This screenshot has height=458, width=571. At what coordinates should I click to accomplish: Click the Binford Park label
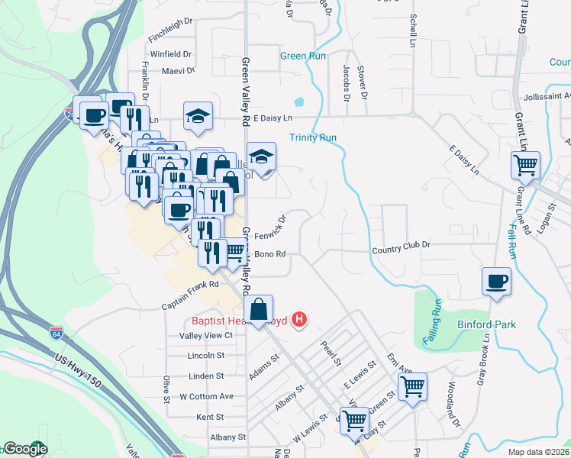click(486, 324)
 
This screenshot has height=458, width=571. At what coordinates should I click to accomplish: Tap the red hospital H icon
click(300, 319)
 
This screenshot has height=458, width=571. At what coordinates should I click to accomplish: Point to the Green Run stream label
click(303, 56)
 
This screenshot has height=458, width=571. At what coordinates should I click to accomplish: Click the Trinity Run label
click(313, 137)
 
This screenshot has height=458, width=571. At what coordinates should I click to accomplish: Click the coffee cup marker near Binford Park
click(496, 281)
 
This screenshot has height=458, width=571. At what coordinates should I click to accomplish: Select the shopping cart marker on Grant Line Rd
click(525, 164)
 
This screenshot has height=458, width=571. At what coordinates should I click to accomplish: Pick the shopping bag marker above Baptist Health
click(260, 309)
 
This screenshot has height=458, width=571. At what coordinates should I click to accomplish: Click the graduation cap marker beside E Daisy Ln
click(198, 116)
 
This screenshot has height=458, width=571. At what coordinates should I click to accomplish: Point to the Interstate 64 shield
click(55, 333)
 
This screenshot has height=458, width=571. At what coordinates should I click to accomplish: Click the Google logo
click(25, 449)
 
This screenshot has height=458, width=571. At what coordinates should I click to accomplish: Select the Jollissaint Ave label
click(547, 97)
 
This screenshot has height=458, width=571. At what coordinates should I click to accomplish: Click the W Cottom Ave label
click(206, 397)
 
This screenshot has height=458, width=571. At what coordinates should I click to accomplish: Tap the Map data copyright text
click(537, 452)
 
